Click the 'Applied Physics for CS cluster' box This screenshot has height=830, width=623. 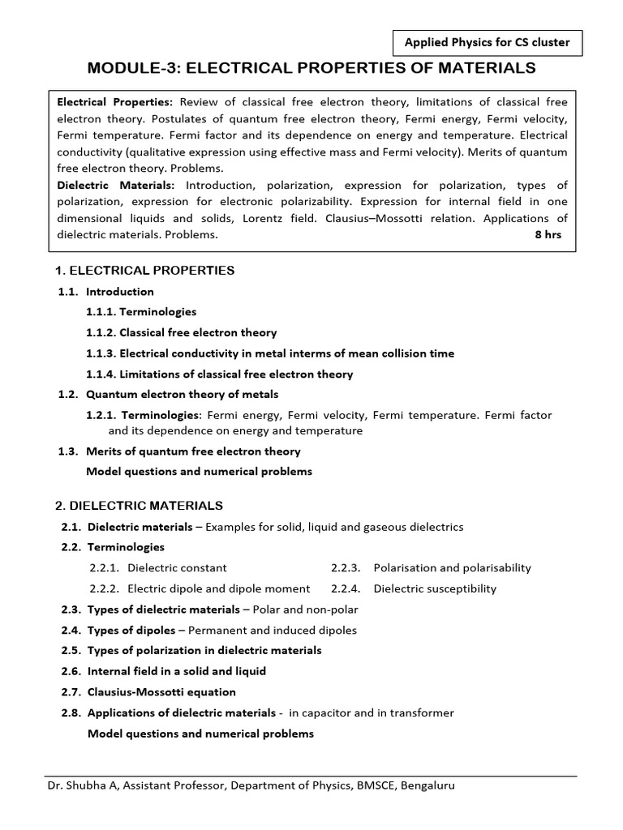(488, 42)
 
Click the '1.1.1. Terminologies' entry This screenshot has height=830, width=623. (141, 311)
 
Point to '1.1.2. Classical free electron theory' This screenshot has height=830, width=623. (181, 332)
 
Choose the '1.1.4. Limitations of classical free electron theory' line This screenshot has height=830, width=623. (219, 374)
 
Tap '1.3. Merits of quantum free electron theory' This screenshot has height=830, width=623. (180, 451)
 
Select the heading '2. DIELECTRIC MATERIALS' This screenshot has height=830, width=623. (139, 505)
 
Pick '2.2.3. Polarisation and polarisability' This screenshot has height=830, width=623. (431, 567)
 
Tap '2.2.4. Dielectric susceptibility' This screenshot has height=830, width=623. (414, 588)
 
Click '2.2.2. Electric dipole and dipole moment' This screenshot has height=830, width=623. (200, 588)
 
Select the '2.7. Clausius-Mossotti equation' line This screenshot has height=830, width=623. (148, 692)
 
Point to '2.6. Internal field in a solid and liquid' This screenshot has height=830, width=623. (163, 671)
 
